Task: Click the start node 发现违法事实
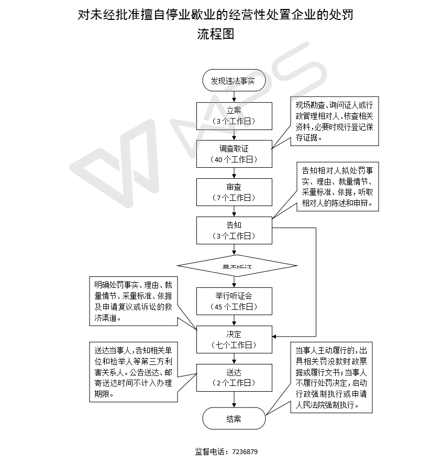234,81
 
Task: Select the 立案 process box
234,115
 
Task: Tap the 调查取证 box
234,154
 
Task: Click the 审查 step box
234,192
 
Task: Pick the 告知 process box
234,230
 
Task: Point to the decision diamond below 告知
237,266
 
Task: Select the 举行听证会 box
234,301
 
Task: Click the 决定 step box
234,339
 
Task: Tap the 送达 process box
234,377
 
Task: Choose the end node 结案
234,418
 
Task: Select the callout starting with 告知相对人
338,187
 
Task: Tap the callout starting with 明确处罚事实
133,301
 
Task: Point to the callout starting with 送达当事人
133,372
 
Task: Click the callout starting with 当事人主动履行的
334,378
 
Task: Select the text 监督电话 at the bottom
209,451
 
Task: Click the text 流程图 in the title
215,35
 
